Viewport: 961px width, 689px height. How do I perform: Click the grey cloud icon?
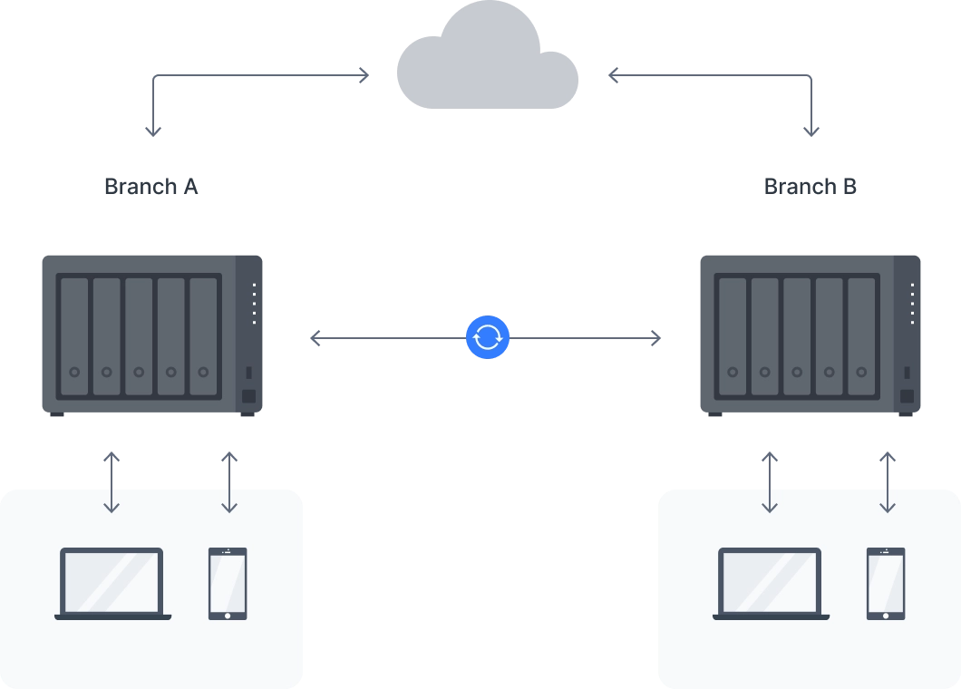pos(486,59)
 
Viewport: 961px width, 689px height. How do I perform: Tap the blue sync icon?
pos(488,337)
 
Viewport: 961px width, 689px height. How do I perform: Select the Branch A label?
pos(151,187)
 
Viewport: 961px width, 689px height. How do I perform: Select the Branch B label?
pos(811,187)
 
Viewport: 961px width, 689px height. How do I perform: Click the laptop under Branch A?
pos(112,583)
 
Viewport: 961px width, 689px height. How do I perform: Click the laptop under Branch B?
pos(771,583)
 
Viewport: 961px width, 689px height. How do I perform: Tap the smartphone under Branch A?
pos(228,583)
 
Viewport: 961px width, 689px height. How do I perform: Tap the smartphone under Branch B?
pos(886,583)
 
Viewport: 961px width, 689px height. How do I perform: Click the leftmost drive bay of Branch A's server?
pos(74,335)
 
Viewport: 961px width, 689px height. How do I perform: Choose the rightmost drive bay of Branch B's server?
pos(861,335)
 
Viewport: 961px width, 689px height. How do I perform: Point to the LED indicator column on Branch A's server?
pos(254,304)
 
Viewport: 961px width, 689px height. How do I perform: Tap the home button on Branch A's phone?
pos(228,616)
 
